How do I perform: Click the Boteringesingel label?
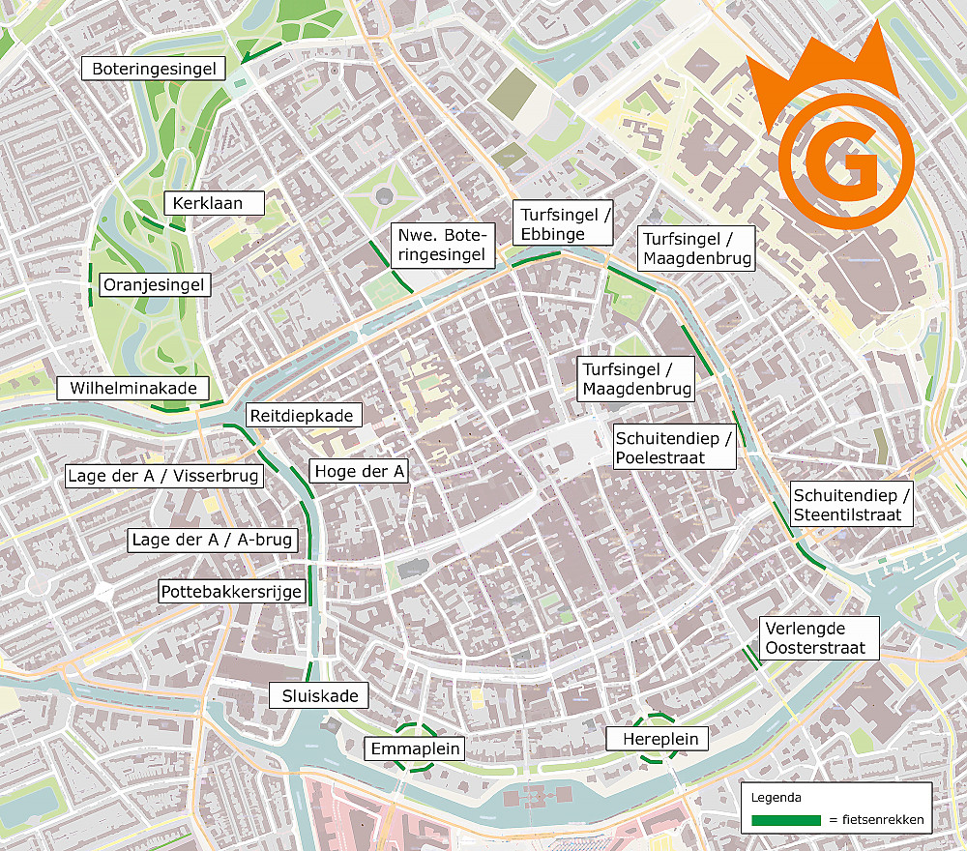coord(154,69)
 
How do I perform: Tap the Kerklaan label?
coord(203,203)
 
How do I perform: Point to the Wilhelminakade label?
coord(133,389)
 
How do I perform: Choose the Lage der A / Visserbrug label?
coord(161,476)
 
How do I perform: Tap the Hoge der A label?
coord(359,471)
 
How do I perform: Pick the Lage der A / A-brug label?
coord(212,540)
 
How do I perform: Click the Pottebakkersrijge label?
coord(232,592)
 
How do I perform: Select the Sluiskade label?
coord(319,695)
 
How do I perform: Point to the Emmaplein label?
coord(416,748)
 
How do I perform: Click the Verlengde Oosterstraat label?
coord(818,638)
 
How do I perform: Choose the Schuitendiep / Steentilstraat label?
coord(850,504)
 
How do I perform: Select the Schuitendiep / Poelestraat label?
coord(674,447)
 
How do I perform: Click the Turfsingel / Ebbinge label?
coord(564,224)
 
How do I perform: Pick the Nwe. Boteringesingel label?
coord(443,246)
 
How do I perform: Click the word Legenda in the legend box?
coord(776,799)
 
